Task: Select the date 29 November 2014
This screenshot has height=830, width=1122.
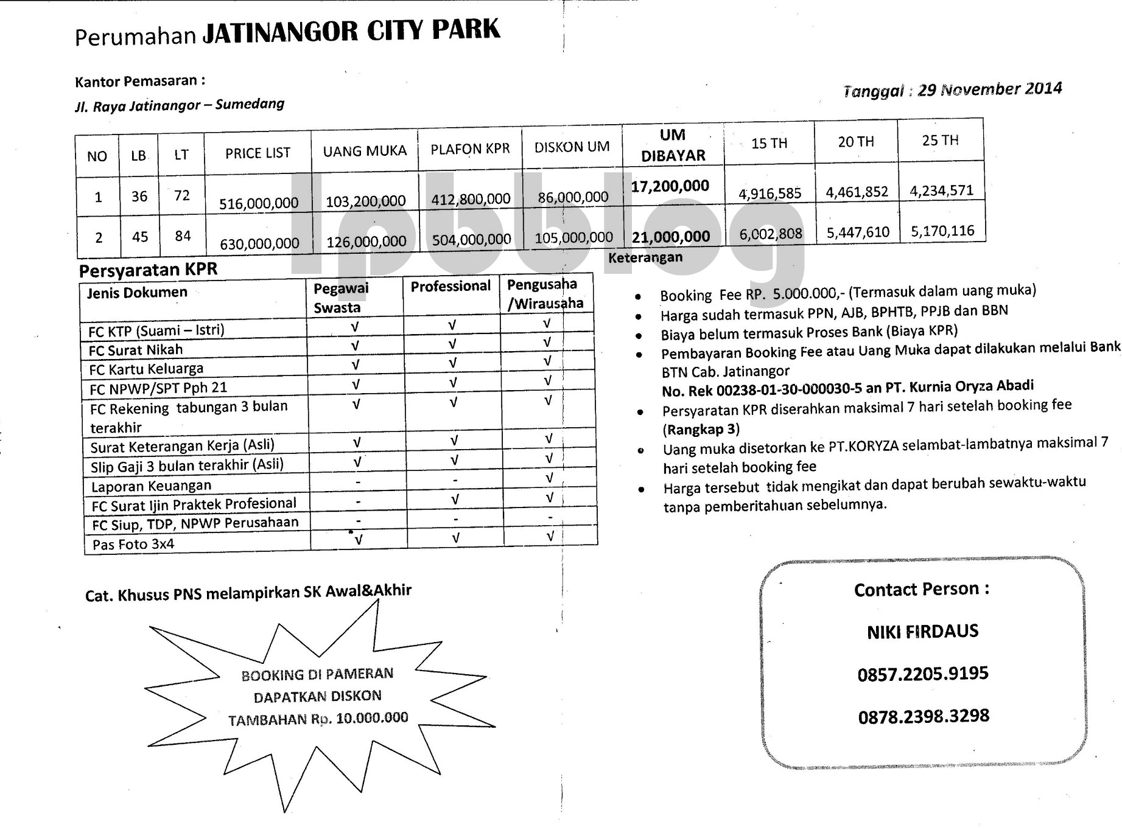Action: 990,89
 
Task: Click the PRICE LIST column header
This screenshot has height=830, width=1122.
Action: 258,153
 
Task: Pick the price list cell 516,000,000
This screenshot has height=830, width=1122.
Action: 259,203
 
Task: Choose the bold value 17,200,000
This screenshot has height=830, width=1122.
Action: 670,186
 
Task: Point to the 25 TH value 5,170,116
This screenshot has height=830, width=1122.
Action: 942,231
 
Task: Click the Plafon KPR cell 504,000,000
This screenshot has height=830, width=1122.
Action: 471,240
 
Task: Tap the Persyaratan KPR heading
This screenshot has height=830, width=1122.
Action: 148,270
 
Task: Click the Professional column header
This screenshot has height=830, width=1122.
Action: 451,287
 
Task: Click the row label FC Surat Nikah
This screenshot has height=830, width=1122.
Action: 136,350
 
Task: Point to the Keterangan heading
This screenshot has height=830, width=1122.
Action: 645,257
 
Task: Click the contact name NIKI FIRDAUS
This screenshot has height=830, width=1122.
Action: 922,632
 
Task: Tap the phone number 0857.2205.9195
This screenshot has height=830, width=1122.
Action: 922,674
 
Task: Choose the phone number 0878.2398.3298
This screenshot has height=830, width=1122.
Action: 924,716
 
